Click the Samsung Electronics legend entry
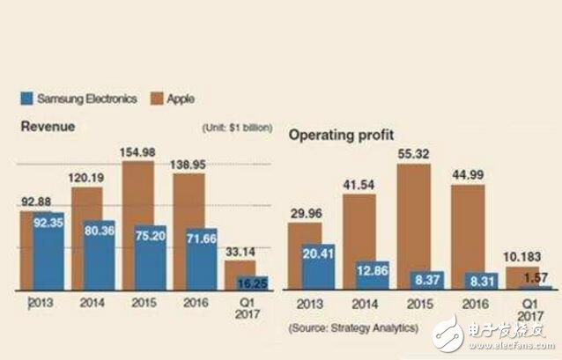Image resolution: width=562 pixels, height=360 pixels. [85, 99]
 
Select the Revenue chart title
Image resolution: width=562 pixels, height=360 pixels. [48, 127]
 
